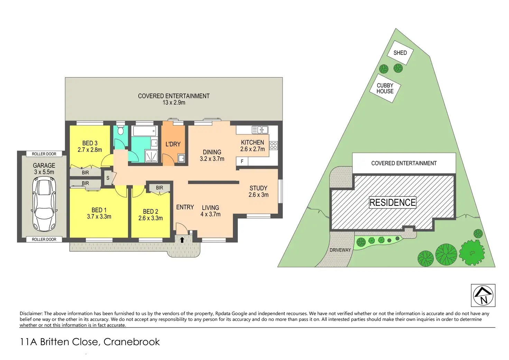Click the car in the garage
pos(44,204)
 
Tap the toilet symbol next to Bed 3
pos(120,130)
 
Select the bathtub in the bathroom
pos(145,131)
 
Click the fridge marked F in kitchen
pos(242,161)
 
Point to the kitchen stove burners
pos(274,146)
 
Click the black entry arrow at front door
pos(182,240)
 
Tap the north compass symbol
pos(483,295)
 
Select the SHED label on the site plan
pos(400,53)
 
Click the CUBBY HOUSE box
pos(385,88)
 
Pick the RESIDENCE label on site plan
pos(392,203)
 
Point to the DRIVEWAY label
pos(340,250)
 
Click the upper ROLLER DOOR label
pos(44,154)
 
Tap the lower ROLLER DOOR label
pos(44,239)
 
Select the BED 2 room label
pos(150,212)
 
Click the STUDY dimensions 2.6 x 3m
pos(258,195)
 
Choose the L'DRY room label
pos(173,144)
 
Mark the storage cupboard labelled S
pos(108,178)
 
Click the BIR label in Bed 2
pos(159,188)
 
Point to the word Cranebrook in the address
pos(131,342)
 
